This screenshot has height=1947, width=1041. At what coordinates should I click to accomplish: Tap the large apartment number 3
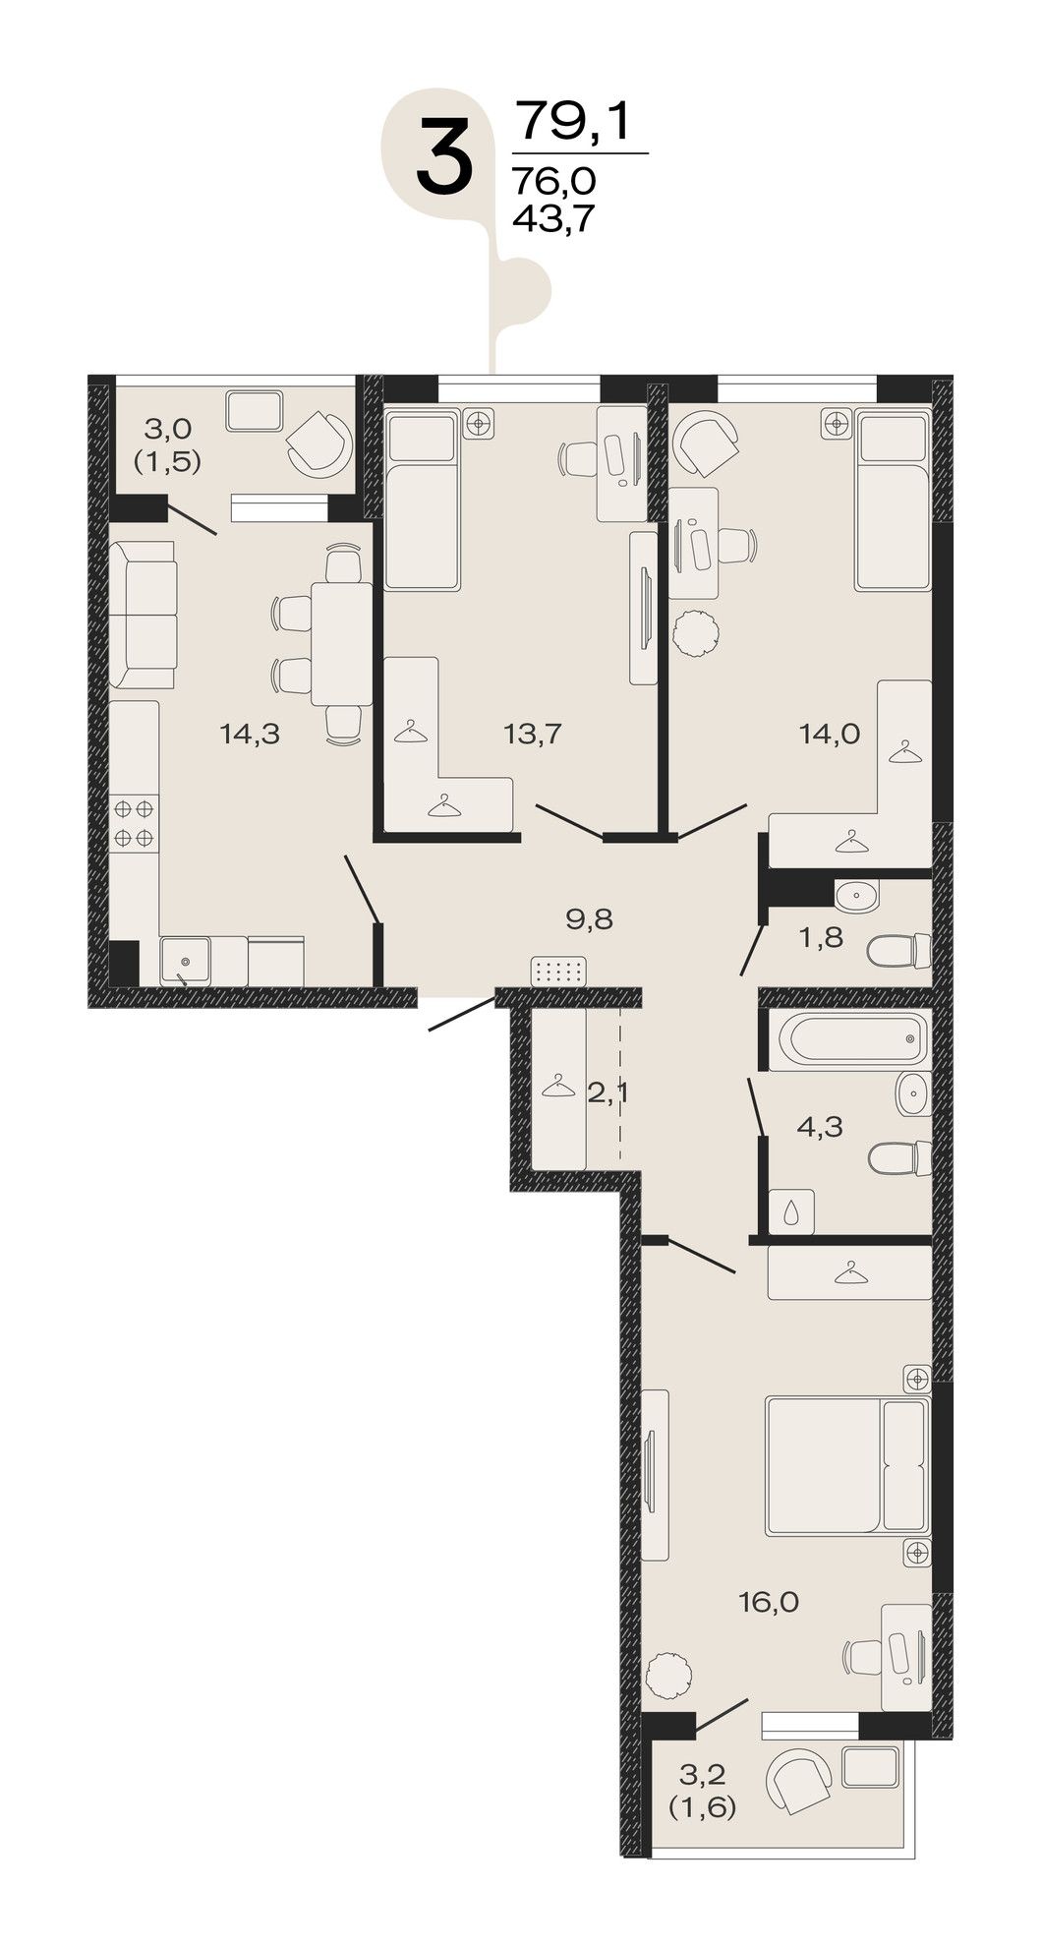[444, 154]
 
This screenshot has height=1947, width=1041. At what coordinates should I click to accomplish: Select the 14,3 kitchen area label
[251, 734]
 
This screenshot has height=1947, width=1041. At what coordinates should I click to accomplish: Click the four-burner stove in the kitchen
[135, 824]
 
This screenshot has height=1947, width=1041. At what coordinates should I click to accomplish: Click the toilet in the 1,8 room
[898, 951]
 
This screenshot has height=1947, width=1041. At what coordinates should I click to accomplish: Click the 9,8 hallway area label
[590, 919]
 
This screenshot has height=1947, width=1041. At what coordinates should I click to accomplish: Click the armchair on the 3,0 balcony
[318, 441]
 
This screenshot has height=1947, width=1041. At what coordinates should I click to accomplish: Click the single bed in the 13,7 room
[422, 501]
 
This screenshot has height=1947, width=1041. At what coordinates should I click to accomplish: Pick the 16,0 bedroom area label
[769, 1604]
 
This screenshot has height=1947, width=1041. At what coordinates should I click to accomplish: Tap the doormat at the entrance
[557, 972]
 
